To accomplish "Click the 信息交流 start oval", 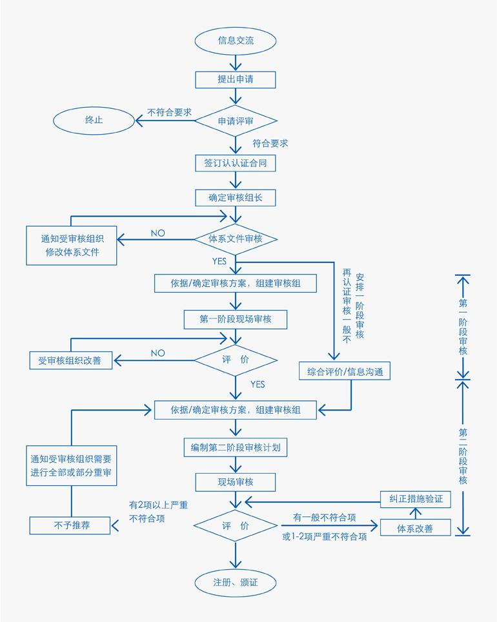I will (236, 41).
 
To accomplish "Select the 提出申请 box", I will (236, 79).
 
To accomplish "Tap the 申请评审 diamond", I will (236, 121).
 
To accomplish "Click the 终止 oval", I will (94, 120).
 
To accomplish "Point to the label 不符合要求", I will (170, 112).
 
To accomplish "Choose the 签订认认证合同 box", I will (236, 164).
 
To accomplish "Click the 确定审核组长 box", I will (236, 197).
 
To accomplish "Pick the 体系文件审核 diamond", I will (236, 238).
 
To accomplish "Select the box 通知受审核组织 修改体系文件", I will (72, 244).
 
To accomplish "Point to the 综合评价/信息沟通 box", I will (345, 372).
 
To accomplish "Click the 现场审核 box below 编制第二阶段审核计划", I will (236, 481).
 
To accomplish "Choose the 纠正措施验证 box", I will (415, 500).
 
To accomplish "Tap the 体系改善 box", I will (415, 529).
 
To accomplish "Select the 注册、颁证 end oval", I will (236, 582).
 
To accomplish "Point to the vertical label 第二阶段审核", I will (463, 456).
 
